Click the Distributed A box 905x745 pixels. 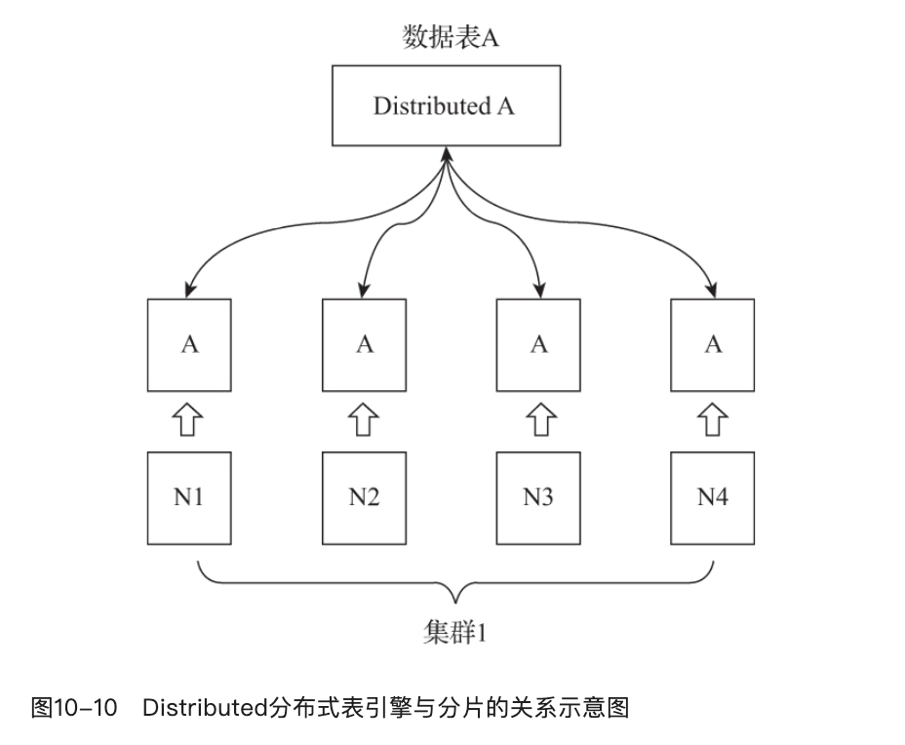click(x=447, y=106)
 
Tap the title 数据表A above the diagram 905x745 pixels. click(x=452, y=37)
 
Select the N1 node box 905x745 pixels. click(x=189, y=497)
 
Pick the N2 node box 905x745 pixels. click(x=364, y=497)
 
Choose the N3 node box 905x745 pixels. click(x=538, y=497)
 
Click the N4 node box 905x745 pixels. click(x=713, y=497)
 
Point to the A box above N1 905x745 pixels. click(x=189, y=344)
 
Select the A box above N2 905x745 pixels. click(x=364, y=344)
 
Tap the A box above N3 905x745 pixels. click(x=538, y=344)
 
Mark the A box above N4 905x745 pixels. click(x=713, y=344)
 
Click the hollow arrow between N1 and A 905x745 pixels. click(x=189, y=421)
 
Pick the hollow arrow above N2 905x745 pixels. click(x=364, y=421)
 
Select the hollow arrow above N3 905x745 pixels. click(x=539, y=421)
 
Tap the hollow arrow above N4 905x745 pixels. click(x=714, y=421)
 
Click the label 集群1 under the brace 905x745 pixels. click(x=453, y=633)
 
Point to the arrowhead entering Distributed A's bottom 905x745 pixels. click(x=447, y=154)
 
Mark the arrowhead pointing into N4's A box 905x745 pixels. click(x=713, y=290)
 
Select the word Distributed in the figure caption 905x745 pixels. click(x=204, y=707)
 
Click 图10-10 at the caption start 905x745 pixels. click(x=74, y=707)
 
